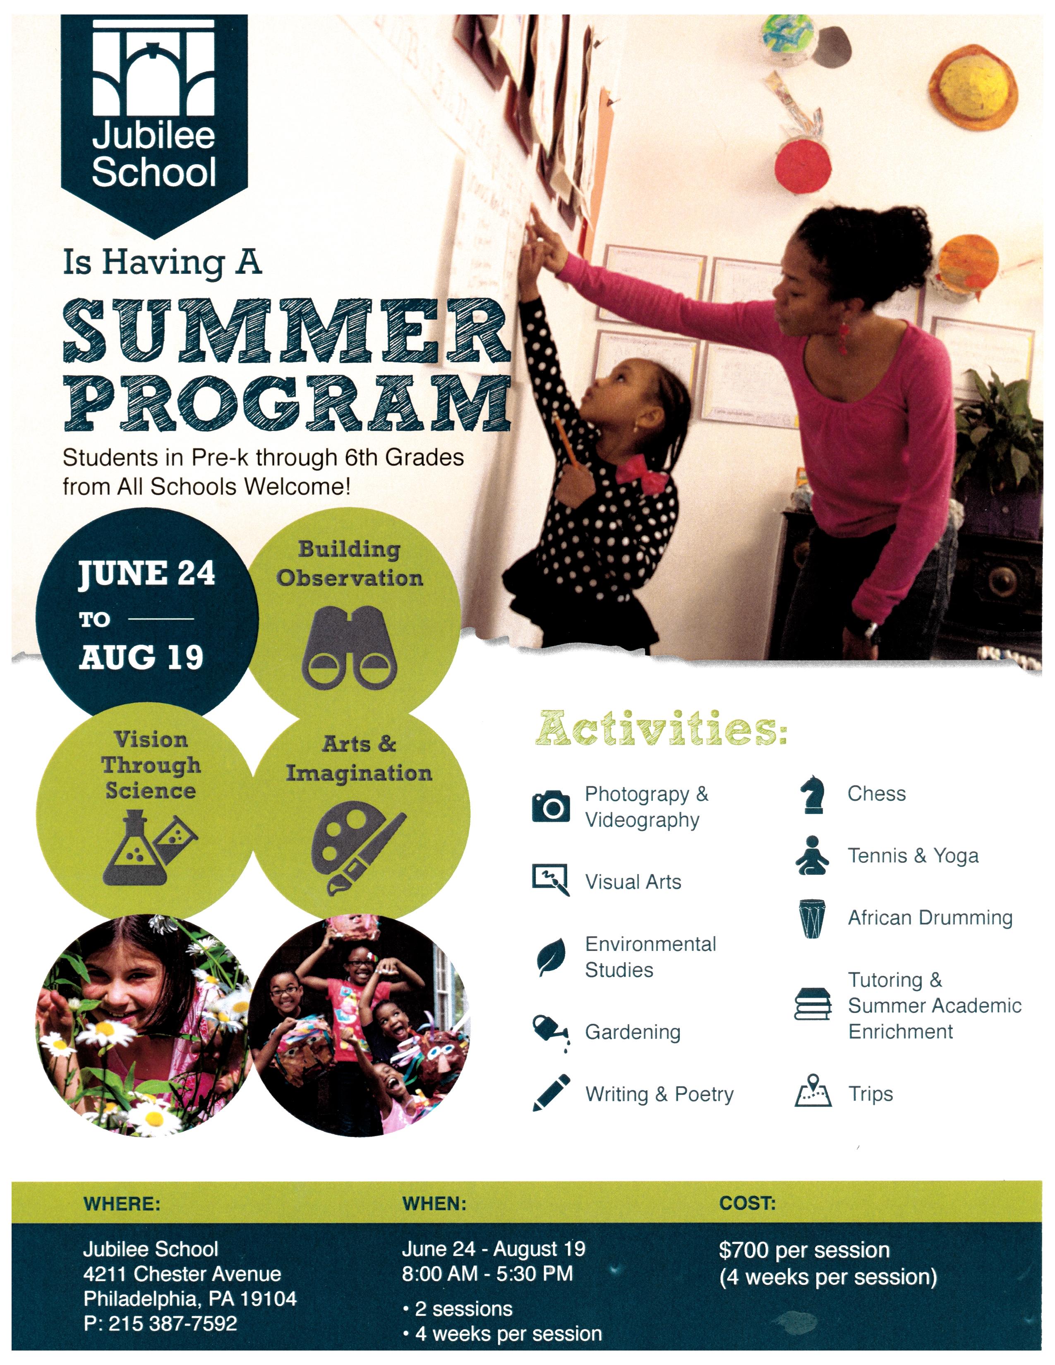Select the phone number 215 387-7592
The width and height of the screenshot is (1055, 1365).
pyautogui.click(x=173, y=1323)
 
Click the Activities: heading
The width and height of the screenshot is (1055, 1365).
pyautogui.click(x=661, y=729)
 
